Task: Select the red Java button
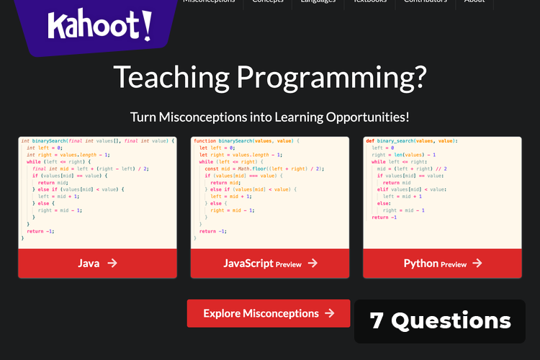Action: tap(96, 263)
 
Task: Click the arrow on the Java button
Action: tap(112, 263)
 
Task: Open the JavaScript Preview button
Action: tap(269, 263)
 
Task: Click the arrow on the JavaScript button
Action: tap(312, 263)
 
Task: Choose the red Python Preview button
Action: tap(442, 263)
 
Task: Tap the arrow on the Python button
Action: tap(476, 263)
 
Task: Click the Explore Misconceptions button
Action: tap(269, 313)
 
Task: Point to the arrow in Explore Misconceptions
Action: tap(329, 313)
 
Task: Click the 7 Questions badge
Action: tap(440, 321)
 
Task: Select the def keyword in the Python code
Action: tap(369, 141)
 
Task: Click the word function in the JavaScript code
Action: tap(205, 141)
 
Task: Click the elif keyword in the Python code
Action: tap(383, 189)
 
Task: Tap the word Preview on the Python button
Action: tap(454, 264)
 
